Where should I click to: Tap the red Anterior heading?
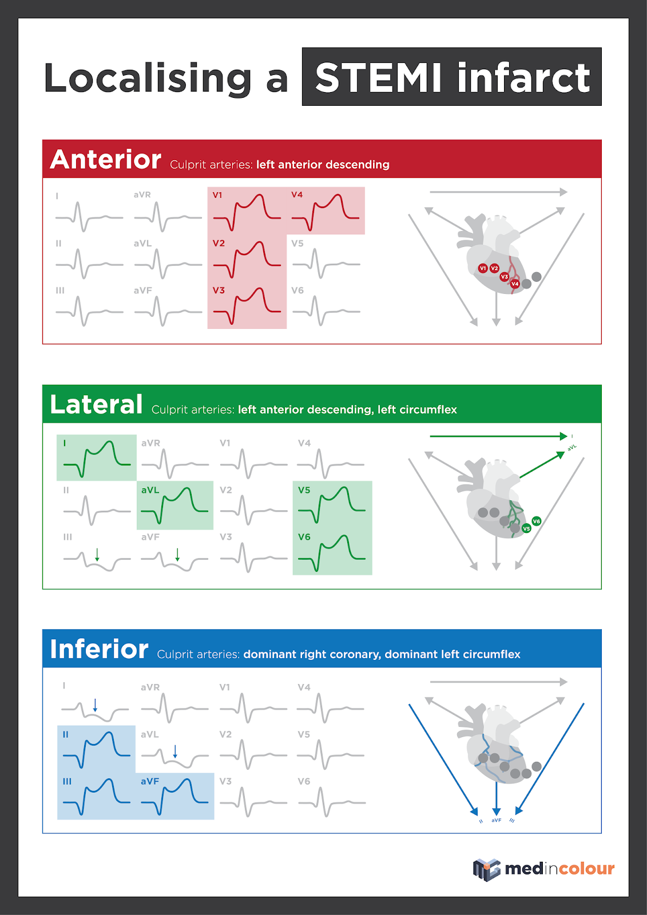pos(106,160)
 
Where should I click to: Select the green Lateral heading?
pos(96,404)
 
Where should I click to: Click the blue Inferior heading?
pos(99,649)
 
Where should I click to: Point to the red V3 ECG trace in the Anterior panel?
pos(247,306)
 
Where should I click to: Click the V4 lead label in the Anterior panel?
pos(297,194)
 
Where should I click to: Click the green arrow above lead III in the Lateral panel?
pos(97,554)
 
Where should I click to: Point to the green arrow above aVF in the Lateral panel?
pos(177,554)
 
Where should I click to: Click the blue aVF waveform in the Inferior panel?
pos(174,796)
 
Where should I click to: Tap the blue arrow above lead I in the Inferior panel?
pos(95,705)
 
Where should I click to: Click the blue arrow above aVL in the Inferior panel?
pos(175,751)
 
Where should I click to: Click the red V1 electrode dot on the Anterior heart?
pos(483,268)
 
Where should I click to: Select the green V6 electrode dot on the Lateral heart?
pos(536,521)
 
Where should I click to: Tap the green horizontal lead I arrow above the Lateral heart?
pos(498,436)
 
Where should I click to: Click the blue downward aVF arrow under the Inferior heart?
pos(496,798)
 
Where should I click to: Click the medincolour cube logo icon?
pos(486,869)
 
